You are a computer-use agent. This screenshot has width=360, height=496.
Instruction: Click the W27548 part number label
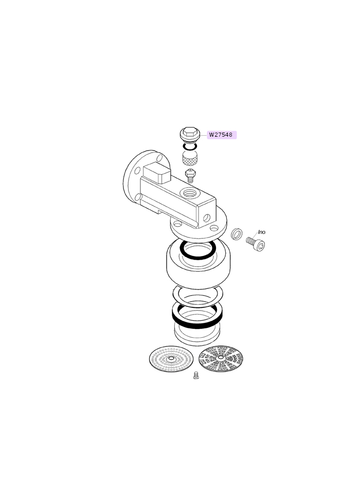tap(222, 135)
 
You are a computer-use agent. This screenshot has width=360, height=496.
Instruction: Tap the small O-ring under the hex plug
tap(190, 146)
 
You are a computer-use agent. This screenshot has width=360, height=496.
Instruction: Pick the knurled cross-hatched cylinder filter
tap(190, 157)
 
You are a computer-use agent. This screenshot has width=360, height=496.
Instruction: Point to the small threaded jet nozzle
tap(190, 176)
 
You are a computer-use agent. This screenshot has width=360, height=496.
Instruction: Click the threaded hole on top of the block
tap(189, 192)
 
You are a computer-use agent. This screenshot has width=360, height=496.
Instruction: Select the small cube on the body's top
tap(157, 173)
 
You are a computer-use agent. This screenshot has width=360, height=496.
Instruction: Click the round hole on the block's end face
tap(206, 217)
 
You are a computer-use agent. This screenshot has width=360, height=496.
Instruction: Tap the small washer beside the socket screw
tap(237, 234)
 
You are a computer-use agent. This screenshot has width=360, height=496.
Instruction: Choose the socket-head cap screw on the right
tap(256, 244)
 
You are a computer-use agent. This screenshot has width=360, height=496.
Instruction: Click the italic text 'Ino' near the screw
tap(262, 232)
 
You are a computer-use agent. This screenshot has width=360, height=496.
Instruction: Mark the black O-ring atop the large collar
tap(198, 250)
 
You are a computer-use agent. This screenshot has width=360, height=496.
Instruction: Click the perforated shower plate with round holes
tap(171, 359)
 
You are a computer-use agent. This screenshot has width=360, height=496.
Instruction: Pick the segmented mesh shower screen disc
tap(221, 358)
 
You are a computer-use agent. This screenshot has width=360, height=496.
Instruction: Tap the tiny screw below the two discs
tap(196, 376)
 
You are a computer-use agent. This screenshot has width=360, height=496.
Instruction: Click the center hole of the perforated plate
tap(171, 359)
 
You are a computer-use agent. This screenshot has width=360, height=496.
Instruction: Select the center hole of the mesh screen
tap(221, 358)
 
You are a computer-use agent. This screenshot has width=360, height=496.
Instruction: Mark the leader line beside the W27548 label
tap(204, 135)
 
